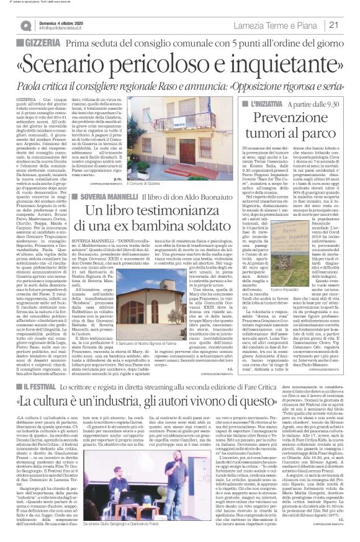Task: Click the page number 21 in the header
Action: tap(349, 25)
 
